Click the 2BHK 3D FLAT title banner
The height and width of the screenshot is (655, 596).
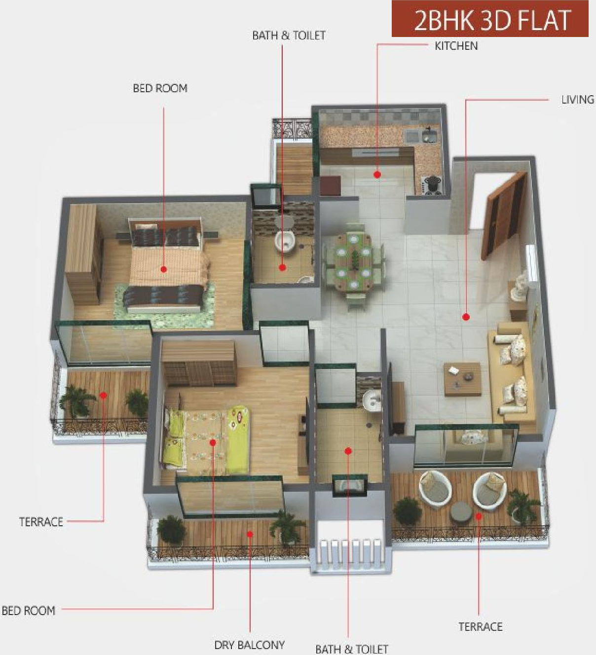(490, 20)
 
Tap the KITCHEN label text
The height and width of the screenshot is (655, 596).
(456, 46)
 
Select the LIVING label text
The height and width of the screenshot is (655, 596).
(577, 99)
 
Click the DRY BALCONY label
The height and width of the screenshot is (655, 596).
(249, 645)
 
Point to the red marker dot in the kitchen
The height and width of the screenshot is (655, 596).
(377, 175)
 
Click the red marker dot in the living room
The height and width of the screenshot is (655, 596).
(466, 317)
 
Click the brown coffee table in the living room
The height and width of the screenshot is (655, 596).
(462, 379)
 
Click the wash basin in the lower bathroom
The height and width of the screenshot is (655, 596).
(371, 400)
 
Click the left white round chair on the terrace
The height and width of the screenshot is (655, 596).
(435, 489)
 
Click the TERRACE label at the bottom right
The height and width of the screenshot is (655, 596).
(480, 626)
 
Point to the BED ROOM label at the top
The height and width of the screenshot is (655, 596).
(160, 88)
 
